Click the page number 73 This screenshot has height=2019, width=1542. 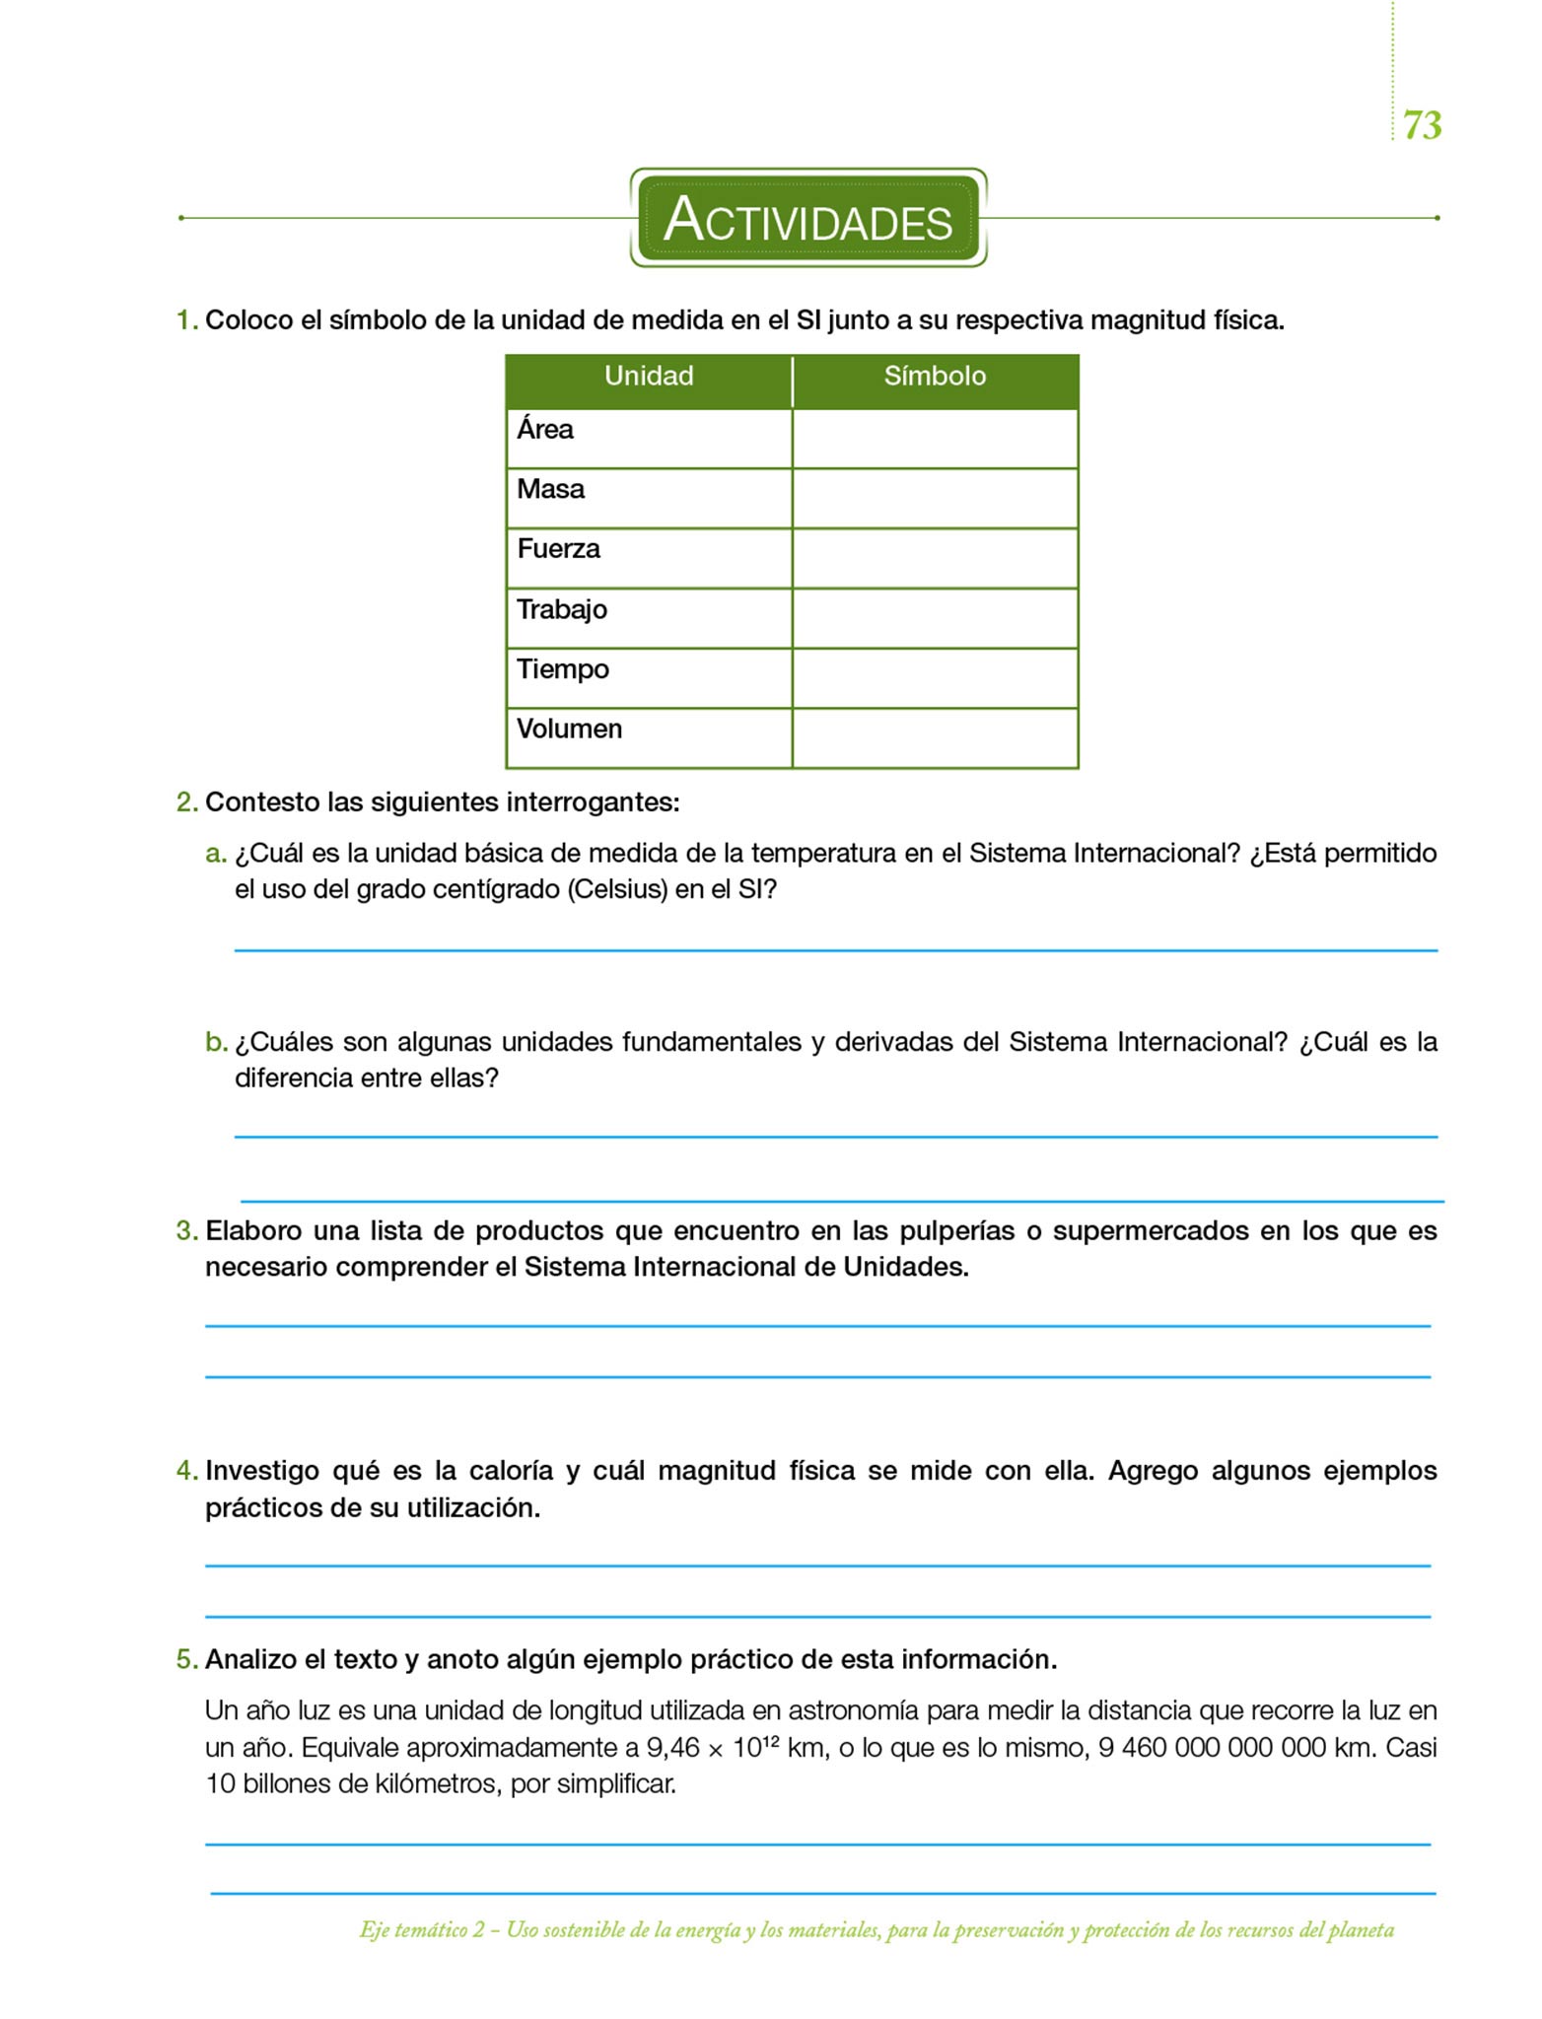(1422, 125)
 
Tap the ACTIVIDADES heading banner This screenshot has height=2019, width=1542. (808, 218)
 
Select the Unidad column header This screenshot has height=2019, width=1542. (649, 377)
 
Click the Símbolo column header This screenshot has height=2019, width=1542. (935, 377)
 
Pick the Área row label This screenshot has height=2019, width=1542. (545, 430)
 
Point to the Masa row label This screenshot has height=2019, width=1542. (550, 489)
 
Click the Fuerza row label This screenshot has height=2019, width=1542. (558, 549)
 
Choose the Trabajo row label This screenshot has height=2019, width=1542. (562, 609)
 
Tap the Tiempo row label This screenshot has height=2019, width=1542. (563, 669)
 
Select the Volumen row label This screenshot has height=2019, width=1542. (570, 730)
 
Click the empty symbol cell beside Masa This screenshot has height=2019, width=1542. (935, 498)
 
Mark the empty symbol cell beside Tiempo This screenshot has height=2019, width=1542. (935, 678)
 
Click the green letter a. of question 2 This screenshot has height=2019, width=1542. (216, 854)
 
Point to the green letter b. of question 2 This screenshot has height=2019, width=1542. (216, 1042)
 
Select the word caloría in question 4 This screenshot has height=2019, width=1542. (511, 1471)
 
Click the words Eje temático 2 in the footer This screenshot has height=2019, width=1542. (423, 1930)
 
